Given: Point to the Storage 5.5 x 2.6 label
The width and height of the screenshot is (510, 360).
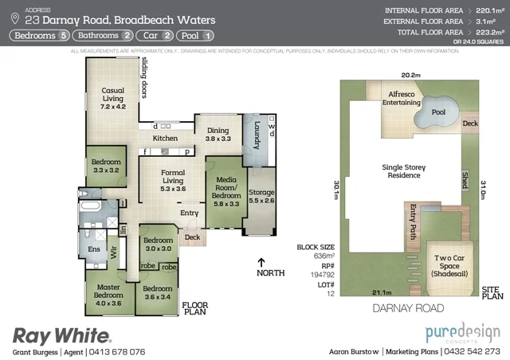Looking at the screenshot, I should coord(261,197).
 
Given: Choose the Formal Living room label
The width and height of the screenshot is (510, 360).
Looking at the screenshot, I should coord(172,182).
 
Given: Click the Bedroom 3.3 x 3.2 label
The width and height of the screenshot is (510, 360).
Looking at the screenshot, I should coord(105,166).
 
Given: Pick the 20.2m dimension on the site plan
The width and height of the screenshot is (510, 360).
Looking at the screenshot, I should coord(410,75).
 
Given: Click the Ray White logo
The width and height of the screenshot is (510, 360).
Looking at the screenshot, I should coord(61,335).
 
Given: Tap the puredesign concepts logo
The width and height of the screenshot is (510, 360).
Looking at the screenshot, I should coord(462,335).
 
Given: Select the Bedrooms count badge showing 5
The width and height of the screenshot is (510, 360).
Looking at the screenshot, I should coord(39,36).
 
